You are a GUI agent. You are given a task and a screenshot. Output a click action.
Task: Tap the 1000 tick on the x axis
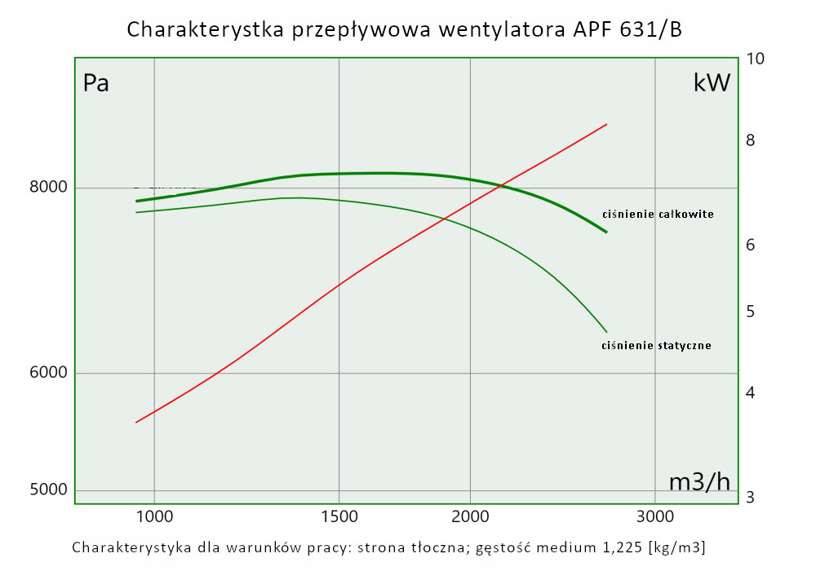[x=154, y=516]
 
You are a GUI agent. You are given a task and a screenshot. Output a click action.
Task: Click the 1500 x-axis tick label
[x=339, y=516]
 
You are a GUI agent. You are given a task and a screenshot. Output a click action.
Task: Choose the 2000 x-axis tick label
[x=470, y=516]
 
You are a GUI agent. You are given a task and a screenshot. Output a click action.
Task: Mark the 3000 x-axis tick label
[x=654, y=516]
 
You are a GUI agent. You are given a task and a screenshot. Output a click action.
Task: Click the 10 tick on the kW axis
[x=755, y=59]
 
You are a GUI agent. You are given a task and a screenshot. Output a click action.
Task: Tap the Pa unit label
[x=96, y=83]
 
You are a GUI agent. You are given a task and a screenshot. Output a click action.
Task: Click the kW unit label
[x=712, y=82]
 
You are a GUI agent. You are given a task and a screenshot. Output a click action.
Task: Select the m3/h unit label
[x=699, y=482]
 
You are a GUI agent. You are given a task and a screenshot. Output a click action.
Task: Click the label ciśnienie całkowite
[x=658, y=215]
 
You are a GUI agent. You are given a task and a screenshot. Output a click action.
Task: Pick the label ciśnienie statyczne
[x=656, y=345]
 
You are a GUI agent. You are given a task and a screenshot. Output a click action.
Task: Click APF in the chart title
[x=590, y=29]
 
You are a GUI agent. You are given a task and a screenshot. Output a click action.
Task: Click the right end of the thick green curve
[x=606, y=233]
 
